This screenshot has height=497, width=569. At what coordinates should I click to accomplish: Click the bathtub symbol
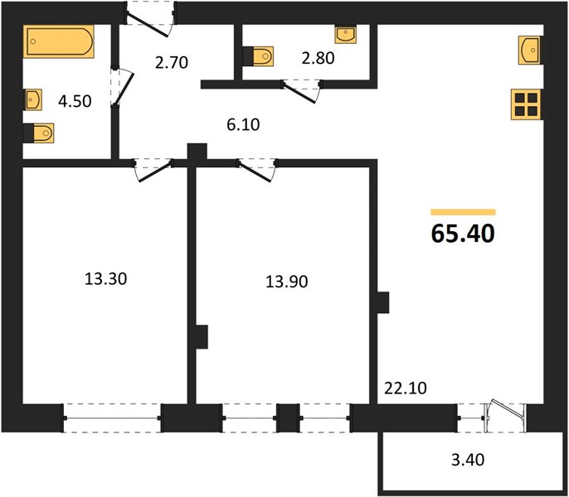click(59, 41)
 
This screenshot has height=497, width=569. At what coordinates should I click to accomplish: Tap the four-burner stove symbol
click(527, 104)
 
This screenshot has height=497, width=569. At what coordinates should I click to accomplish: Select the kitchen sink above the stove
click(531, 51)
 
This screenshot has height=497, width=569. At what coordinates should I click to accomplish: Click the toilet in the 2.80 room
click(258, 56)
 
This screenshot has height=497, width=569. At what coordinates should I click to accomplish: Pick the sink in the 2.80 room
click(345, 35)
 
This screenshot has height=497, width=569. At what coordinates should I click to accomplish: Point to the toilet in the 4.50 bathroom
click(38, 133)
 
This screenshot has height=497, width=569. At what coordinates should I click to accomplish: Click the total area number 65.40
click(463, 233)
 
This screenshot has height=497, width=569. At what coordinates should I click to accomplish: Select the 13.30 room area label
click(105, 279)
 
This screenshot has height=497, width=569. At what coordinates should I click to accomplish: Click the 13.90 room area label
click(287, 282)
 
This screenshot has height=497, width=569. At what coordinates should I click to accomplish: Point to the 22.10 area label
click(406, 388)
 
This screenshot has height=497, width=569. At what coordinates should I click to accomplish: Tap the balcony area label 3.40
click(468, 460)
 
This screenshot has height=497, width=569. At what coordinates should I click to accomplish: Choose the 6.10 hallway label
click(243, 125)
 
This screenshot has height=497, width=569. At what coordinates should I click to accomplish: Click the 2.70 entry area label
click(171, 62)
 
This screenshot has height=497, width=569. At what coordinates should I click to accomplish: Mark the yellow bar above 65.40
click(463, 212)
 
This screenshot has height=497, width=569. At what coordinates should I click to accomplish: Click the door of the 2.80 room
click(302, 90)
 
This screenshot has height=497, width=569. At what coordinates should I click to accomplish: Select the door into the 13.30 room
click(153, 170)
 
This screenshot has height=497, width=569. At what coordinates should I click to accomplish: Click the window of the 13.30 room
click(112, 418)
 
